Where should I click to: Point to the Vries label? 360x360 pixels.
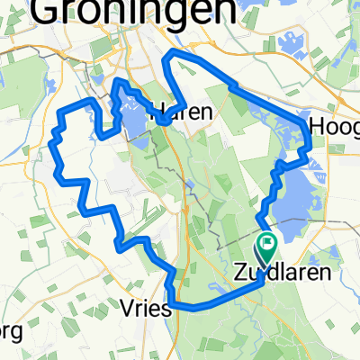click(144, 308)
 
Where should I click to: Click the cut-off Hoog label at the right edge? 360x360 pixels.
click(334, 127)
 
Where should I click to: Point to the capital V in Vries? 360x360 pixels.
click(125, 308)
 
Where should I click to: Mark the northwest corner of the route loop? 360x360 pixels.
click(61, 112)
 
